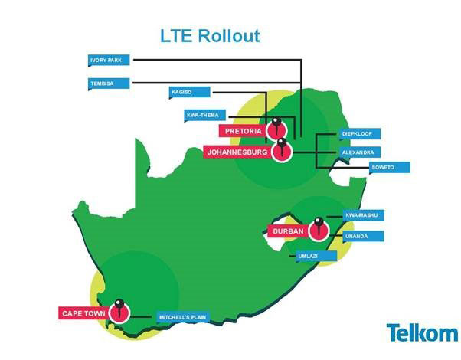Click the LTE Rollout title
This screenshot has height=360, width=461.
point(209,35)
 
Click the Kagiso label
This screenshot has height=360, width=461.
point(188,93)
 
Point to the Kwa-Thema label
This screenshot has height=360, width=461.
point(205,116)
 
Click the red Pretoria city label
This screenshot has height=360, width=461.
point(243,131)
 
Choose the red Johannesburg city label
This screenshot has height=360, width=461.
point(239,152)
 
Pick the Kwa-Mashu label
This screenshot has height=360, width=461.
point(361,215)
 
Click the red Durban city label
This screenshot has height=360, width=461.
point(288,231)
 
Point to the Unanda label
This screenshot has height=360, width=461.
point(358,237)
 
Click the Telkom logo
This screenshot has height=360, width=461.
point(422,333)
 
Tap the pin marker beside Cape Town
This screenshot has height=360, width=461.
point(118,309)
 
